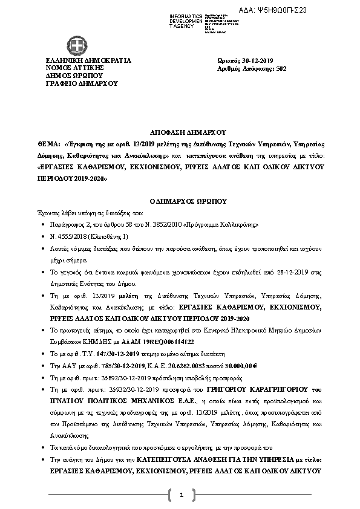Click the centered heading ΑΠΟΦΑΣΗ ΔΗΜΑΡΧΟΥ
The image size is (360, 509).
pyautogui.click(x=179, y=131)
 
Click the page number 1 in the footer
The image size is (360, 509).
pyautogui.click(x=180, y=495)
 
